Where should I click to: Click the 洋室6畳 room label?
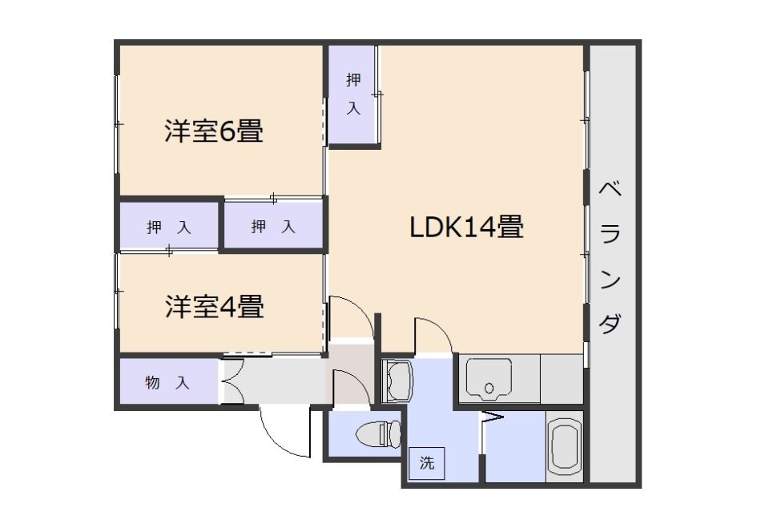[214, 131]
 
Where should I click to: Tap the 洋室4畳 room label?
[215, 306]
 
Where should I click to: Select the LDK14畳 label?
[466, 227]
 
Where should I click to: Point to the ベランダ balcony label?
[610, 257]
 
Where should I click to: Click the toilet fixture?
[378, 434]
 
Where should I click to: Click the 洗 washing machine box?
[427, 463]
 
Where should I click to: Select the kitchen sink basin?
[489, 378]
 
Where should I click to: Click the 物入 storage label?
[167, 381]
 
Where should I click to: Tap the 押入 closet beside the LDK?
[353, 95]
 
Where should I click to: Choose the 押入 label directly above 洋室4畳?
[169, 228]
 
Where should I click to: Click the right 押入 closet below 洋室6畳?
[273, 226]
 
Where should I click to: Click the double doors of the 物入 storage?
[233, 381]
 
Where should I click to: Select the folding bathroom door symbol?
[492, 417]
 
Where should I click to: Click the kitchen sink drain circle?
[489, 388]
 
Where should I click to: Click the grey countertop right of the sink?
[562, 379]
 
